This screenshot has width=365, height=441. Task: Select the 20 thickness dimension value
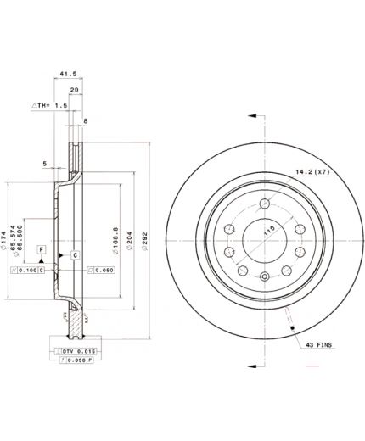[74, 90]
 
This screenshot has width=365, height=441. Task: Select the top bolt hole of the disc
[265, 203]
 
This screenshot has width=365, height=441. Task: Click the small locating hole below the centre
[265, 277]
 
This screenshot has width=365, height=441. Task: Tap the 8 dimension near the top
[86, 122]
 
